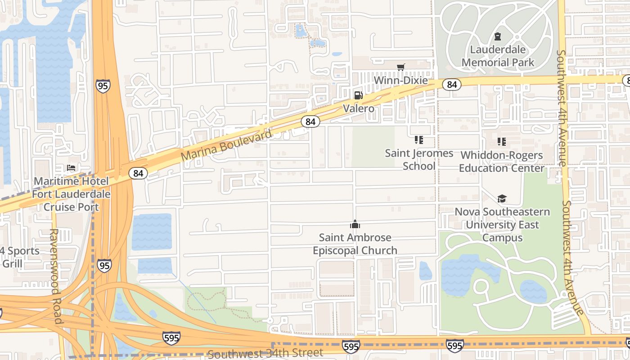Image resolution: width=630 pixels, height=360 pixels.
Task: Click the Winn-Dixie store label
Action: coord(401,81)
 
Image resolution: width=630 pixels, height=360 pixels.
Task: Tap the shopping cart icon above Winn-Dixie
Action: coord(400,67)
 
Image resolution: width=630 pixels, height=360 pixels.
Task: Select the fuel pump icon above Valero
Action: coord(358,95)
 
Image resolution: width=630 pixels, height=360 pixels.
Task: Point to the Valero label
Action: coord(358,108)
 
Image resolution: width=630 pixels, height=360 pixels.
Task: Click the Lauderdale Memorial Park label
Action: coord(498,56)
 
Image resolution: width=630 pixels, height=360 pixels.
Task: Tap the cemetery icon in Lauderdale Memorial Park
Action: coord(498,36)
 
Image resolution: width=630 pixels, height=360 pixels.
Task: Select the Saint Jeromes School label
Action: coord(419,159)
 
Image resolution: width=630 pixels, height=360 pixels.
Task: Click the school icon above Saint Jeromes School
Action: coord(419,140)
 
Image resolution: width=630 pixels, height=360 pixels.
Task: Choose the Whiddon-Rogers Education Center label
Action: coord(502,162)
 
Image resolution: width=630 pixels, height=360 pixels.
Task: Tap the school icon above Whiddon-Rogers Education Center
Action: coord(502,142)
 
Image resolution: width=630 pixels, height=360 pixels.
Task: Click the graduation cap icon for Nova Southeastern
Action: coord(502,198)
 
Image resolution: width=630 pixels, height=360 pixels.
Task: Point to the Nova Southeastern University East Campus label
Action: coord(502,225)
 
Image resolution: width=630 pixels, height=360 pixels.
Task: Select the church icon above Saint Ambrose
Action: coord(355,224)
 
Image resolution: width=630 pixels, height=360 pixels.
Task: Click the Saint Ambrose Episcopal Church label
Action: coord(355,244)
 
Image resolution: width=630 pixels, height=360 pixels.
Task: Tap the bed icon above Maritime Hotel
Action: coord(71,168)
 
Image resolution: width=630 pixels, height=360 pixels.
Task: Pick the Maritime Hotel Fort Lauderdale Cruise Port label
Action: coord(72,194)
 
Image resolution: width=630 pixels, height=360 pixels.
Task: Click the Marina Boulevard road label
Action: coord(227,145)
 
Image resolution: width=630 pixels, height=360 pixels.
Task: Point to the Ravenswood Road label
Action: coord(54,276)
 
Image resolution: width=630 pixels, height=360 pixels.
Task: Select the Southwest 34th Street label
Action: coord(265,353)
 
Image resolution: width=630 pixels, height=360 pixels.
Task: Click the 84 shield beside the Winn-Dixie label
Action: coord(452,84)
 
